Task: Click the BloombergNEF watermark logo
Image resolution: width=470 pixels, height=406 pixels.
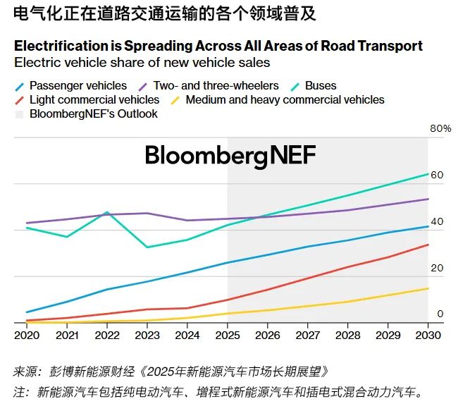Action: click(x=230, y=155)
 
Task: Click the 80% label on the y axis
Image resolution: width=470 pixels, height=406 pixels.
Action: click(x=440, y=128)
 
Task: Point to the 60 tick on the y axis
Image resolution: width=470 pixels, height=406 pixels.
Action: click(x=437, y=175)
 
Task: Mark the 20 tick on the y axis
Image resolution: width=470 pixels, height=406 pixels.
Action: click(x=437, y=268)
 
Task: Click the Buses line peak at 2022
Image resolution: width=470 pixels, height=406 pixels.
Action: click(x=107, y=211)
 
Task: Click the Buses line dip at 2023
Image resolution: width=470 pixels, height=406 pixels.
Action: click(x=147, y=247)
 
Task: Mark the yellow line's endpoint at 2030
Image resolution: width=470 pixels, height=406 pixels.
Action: click(x=428, y=288)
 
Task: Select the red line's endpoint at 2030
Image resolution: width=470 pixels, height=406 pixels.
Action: click(x=428, y=245)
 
